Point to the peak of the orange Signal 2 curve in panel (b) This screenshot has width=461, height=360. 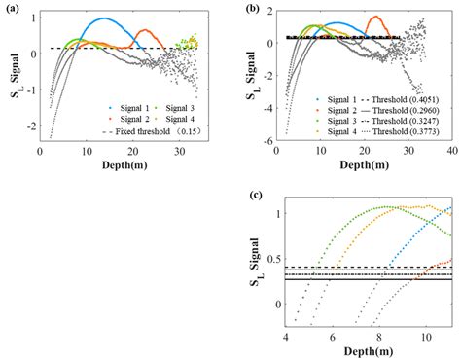pos(371,17)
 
